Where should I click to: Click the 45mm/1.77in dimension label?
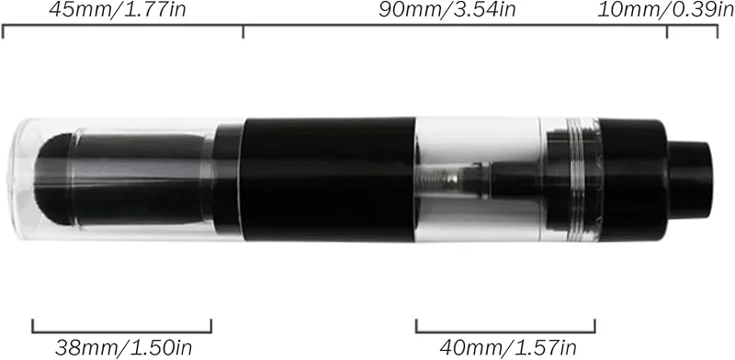tap(118, 10)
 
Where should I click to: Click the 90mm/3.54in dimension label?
tap(447, 10)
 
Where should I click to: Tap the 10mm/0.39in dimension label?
tap(665, 10)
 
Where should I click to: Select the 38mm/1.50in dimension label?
tap(124, 348)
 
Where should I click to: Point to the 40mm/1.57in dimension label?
tap(508, 348)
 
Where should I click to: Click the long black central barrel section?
tap(328, 179)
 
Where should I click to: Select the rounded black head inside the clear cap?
tap(54, 179)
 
